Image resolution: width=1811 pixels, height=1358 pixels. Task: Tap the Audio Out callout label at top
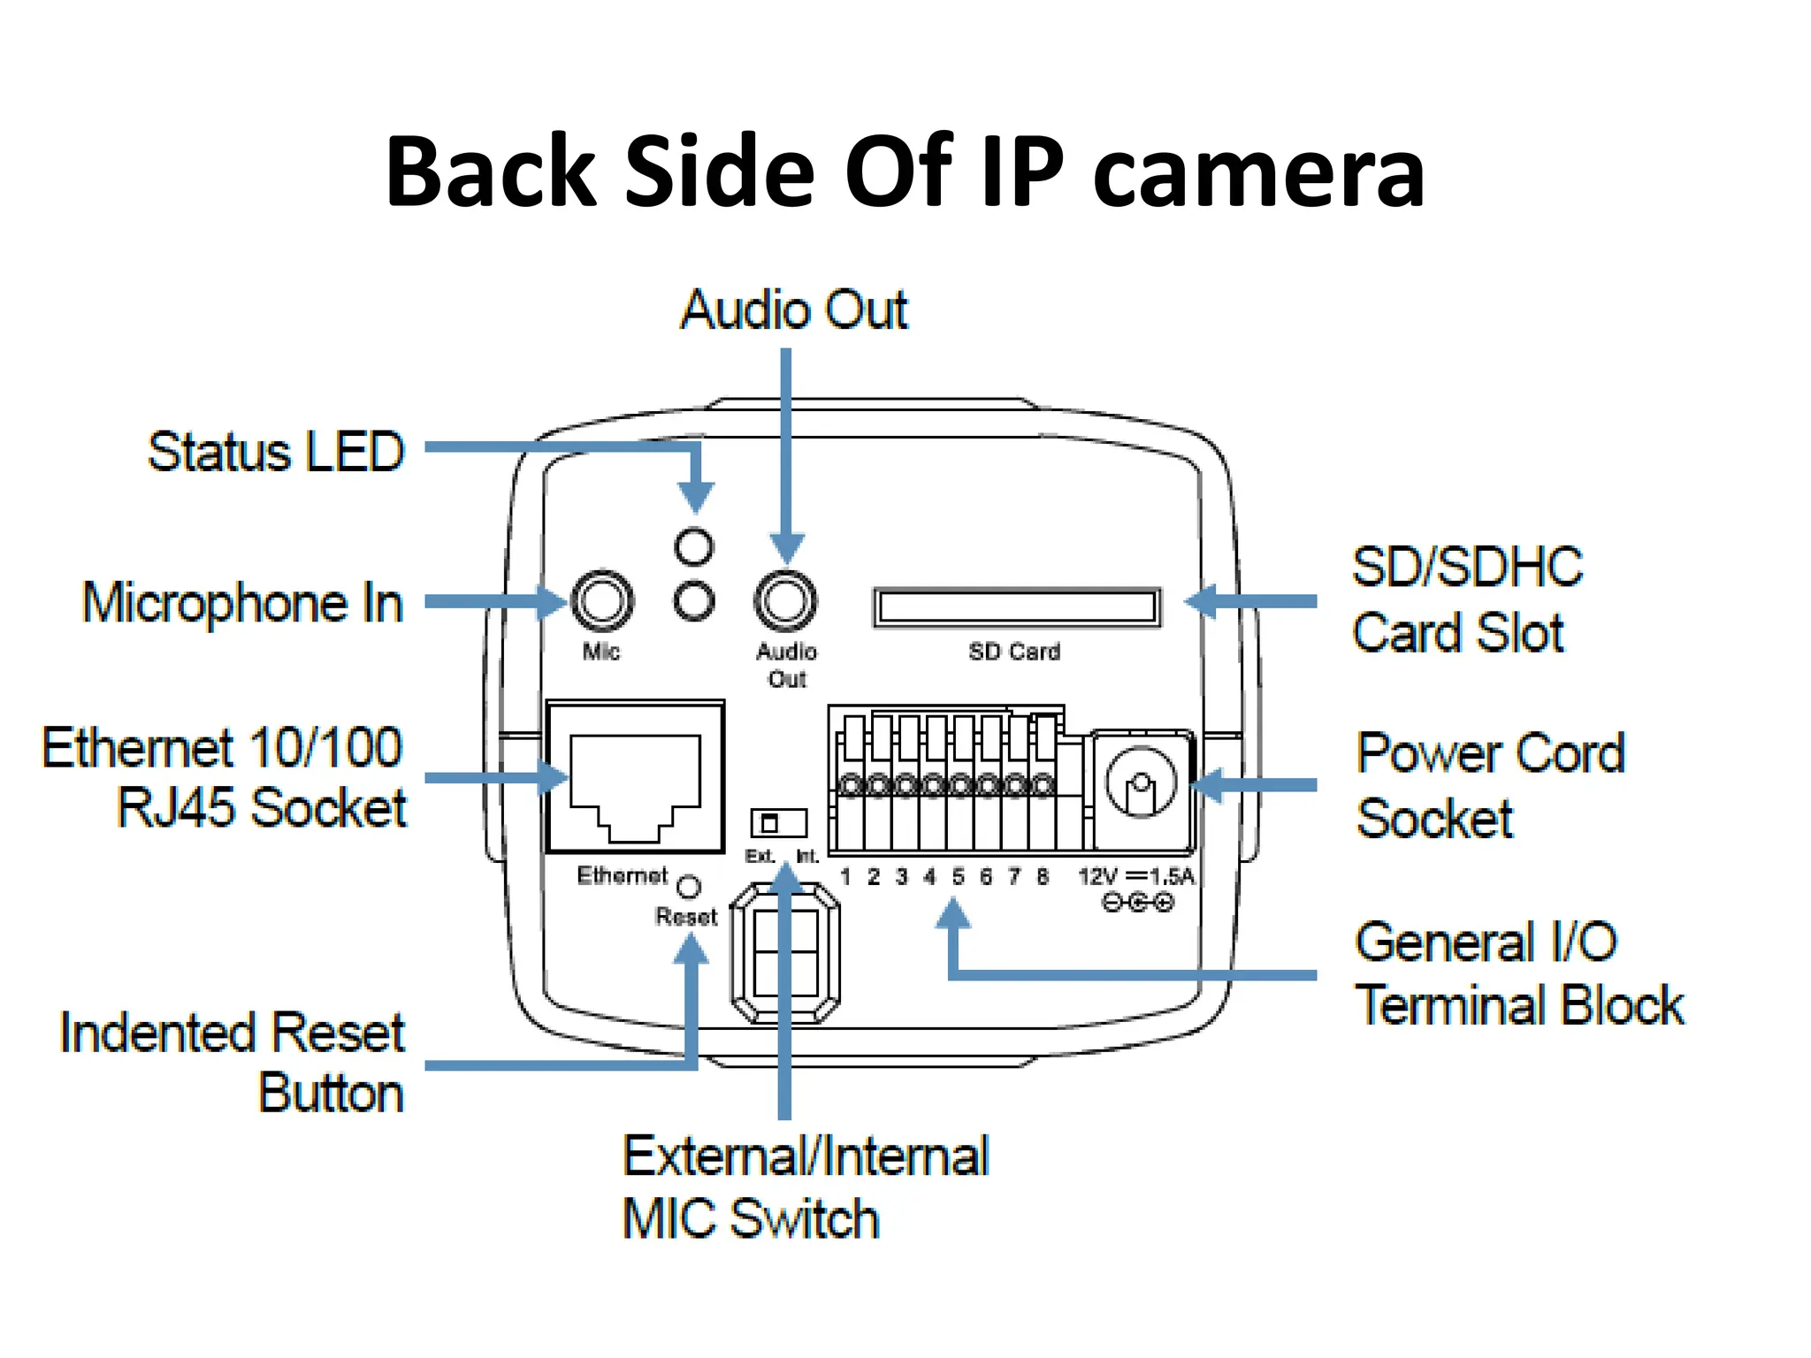click(793, 310)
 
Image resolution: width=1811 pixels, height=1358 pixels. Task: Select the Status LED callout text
click(276, 453)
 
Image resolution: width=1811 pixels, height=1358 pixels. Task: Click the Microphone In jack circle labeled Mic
click(602, 601)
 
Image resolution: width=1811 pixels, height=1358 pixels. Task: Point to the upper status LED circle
click(693, 546)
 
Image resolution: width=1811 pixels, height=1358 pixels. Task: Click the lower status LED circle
click(693, 602)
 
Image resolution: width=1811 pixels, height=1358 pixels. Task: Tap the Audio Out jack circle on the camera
click(785, 601)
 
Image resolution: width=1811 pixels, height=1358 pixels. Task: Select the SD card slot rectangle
click(1016, 607)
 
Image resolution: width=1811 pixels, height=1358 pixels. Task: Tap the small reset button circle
click(688, 886)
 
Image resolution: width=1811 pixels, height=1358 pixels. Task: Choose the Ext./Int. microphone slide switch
click(778, 823)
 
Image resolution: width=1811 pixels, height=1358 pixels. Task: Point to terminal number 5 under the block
click(958, 877)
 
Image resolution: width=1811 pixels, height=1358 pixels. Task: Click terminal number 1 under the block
click(845, 877)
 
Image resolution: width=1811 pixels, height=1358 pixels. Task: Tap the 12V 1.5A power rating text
click(1136, 877)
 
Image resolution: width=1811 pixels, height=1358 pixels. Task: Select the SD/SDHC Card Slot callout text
click(1466, 600)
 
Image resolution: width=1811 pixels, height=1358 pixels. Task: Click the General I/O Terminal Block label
click(1517, 974)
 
